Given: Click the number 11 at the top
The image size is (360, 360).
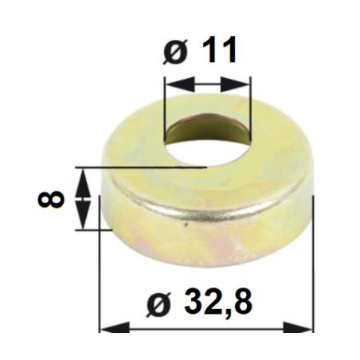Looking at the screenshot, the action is (217, 50).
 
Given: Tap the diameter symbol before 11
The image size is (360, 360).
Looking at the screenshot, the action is (175, 53).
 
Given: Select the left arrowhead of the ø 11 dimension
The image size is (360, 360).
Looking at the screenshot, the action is (180, 84).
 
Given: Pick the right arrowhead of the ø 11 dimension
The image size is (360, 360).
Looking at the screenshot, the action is (236, 84).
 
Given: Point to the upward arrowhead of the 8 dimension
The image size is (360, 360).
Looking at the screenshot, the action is (83, 182).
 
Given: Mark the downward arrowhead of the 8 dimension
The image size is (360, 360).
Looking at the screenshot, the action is (83, 215).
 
